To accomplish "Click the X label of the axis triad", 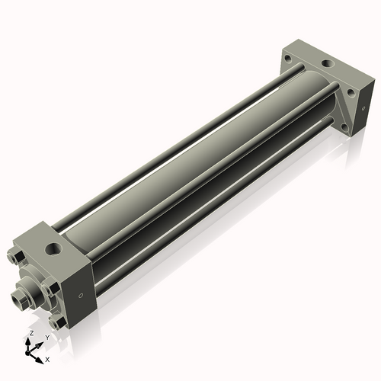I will click(47, 359).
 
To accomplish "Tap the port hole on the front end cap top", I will click(54, 248).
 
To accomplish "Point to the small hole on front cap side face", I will click(80, 296).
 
